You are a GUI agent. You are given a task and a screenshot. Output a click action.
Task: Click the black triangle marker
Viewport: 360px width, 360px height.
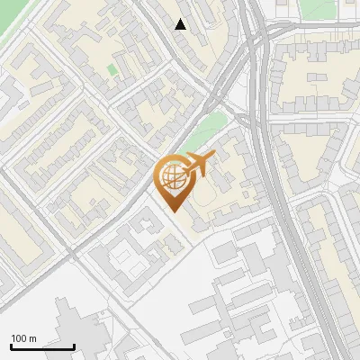(181, 24)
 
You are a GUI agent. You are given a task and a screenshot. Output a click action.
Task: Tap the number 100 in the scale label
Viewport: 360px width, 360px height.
(19, 338)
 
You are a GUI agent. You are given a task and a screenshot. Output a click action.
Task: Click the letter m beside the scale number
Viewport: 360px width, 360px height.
(32, 338)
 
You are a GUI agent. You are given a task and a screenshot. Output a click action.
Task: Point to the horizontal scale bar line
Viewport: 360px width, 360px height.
(42, 347)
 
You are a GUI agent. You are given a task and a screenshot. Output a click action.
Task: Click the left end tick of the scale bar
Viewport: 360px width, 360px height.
(11, 346)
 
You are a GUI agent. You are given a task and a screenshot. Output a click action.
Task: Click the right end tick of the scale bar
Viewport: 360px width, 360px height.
(74, 346)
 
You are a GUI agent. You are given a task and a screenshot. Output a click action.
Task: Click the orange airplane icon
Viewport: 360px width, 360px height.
(199, 165)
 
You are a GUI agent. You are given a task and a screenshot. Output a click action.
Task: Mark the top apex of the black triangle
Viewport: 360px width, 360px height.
(181, 19)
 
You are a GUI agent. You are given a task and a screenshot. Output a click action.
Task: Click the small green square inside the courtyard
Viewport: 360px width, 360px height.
(112, 69)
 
